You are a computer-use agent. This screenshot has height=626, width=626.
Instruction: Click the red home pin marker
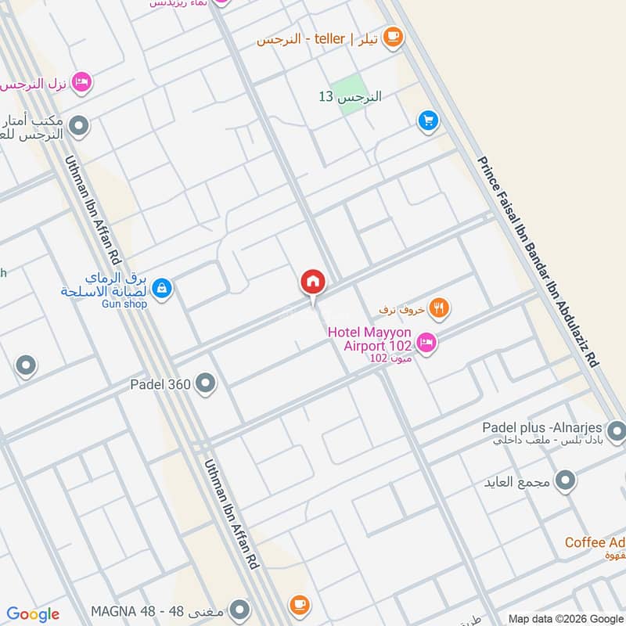[x=312, y=282]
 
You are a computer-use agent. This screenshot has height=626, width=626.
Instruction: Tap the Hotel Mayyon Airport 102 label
[x=370, y=337]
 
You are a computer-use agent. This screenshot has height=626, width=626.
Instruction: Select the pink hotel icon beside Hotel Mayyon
[x=426, y=342]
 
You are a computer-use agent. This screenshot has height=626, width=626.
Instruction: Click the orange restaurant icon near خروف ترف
[x=441, y=308]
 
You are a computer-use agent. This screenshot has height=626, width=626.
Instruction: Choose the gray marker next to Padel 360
[x=206, y=383]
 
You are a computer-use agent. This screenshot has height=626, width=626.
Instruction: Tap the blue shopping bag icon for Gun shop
[x=162, y=289]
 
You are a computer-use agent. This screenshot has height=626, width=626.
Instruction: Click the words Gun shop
[x=124, y=304]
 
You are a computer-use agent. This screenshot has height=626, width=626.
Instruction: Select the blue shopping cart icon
[x=427, y=120]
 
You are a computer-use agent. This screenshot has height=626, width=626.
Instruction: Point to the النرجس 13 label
[x=350, y=97]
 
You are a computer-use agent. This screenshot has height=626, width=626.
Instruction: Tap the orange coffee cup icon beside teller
[x=392, y=36]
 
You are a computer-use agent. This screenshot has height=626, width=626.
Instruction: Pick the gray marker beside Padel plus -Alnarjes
[x=617, y=430]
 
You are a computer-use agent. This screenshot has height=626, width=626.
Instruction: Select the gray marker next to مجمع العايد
[x=565, y=479]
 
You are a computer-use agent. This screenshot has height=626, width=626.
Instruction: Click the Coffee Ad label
[x=595, y=542]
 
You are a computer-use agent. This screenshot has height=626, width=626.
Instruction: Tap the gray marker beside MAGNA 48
[x=240, y=609]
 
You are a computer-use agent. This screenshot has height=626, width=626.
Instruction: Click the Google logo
[x=33, y=614]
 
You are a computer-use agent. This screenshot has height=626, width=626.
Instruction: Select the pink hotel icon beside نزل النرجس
[x=81, y=81]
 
